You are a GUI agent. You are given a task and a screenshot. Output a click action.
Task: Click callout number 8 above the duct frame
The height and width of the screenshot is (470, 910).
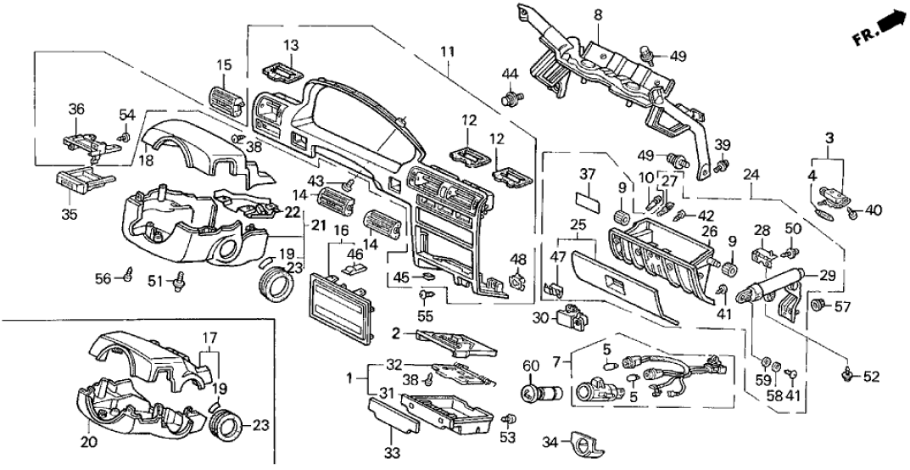point(597,14)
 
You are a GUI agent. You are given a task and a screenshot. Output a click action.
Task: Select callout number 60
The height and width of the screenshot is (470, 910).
point(530,366)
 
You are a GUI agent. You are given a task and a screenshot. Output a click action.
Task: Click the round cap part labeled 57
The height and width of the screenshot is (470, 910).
point(820,305)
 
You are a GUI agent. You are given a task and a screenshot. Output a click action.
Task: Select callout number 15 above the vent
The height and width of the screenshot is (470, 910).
point(224,65)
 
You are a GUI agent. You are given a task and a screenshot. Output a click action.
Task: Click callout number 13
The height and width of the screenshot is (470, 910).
point(291,45)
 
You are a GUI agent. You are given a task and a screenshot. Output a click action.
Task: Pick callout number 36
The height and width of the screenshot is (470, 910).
point(77,109)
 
